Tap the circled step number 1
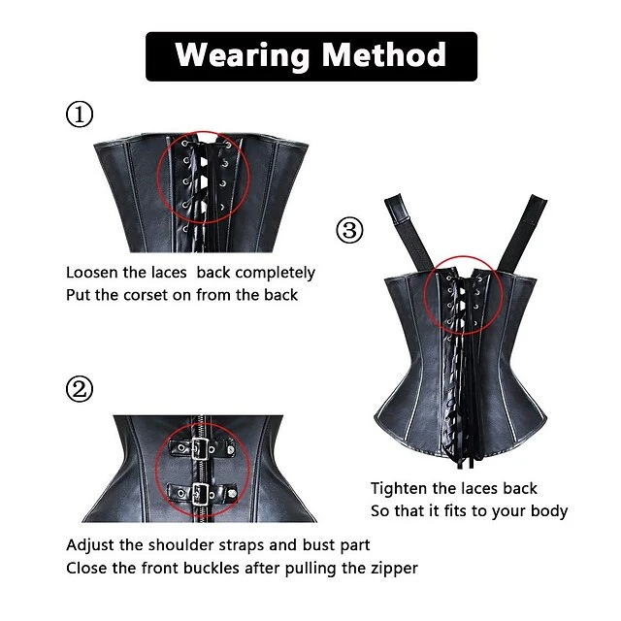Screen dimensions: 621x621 coord(80,115)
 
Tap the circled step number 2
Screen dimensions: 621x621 coord(80,390)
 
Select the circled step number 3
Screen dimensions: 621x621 coord(349,231)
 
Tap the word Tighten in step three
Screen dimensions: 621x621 coord(400,488)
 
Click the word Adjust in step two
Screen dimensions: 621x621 coord(91,545)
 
